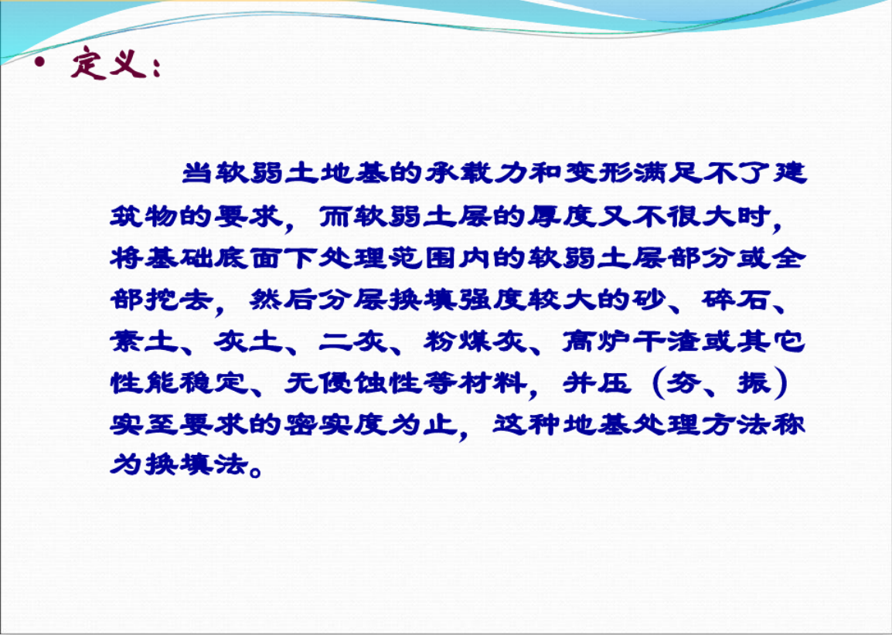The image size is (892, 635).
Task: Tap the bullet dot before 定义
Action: pos(39,62)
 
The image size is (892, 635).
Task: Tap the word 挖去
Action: pos(180,300)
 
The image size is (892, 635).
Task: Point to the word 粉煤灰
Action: pos(475,341)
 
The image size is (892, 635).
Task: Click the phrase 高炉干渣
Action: pos(632,341)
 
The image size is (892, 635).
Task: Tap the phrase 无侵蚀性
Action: pos(353,384)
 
